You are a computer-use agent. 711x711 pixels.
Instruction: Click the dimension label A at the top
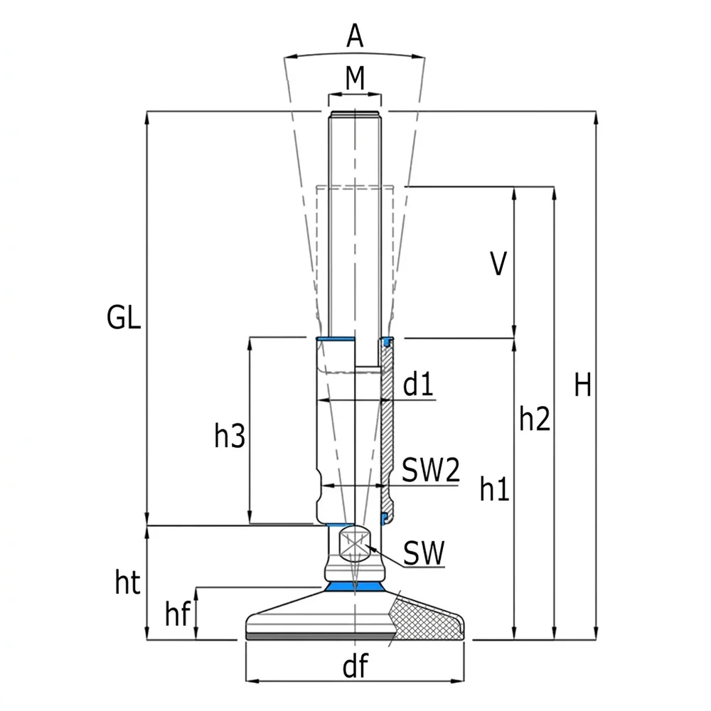tap(355, 36)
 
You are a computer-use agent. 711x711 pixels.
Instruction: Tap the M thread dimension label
tap(355, 78)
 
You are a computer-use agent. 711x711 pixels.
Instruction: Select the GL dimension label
tap(123, 317)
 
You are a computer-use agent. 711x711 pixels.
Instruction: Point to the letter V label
tap(498, 264)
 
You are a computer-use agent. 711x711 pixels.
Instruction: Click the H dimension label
tap(583, 385)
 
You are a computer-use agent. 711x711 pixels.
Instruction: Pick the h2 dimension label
tap(535, 419)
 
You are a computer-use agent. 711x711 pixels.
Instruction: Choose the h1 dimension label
tap(494, 489)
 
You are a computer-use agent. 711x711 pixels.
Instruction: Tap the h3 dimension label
tap(230, 436)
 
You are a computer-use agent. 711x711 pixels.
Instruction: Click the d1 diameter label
tap(417, 384)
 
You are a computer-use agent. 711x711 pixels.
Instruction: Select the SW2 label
tap(431, 470)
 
